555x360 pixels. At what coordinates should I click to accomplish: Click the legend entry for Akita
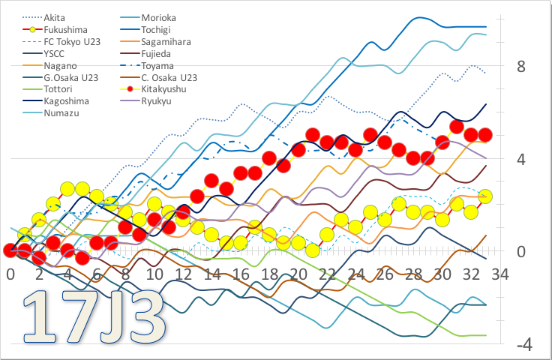53,16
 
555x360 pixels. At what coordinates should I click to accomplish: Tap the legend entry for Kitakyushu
172,89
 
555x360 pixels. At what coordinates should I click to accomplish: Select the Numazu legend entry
59,113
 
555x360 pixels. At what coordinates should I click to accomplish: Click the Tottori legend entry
58,89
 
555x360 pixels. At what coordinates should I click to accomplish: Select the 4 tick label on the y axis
522,159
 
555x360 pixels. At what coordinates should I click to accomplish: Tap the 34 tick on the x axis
499,274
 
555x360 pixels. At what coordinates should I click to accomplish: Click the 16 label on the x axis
241,274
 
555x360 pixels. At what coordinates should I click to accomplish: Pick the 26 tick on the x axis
385,274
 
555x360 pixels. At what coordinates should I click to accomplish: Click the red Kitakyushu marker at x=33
484,135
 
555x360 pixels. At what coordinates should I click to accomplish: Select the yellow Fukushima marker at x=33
484,196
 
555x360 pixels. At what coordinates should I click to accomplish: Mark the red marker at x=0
10,250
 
